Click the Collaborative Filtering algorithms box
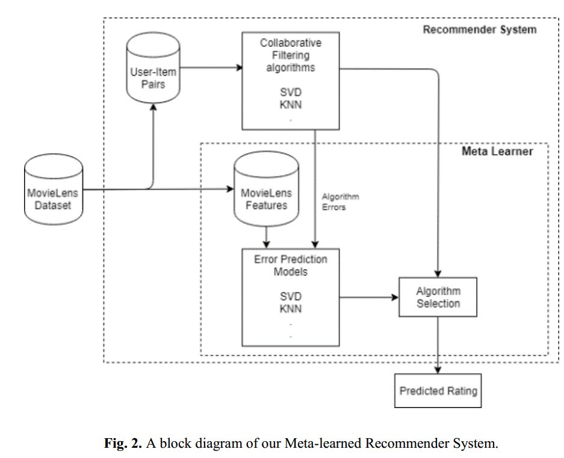coord(291,81)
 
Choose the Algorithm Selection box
coord(438,297)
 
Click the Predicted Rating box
coord(438,391)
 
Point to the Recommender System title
coord(479,29)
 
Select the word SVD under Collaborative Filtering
coord(291,93)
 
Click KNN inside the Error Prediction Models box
coord(291,309)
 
